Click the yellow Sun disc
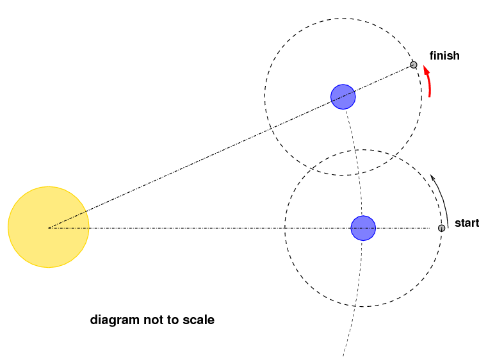[49, 227]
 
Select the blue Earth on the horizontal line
[363, 228]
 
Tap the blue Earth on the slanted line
[343, 97]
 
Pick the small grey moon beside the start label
[442, 228]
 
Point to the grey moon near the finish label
[414, 65]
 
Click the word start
[467, 223]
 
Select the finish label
[444, 56]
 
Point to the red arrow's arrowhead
[426, 69]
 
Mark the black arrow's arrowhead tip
[431, 175]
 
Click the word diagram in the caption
[115, 320]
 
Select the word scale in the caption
[199, 320]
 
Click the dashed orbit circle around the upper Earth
[264, 97]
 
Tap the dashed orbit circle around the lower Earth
[284, 228]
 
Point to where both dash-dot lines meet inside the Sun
[49, 228]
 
